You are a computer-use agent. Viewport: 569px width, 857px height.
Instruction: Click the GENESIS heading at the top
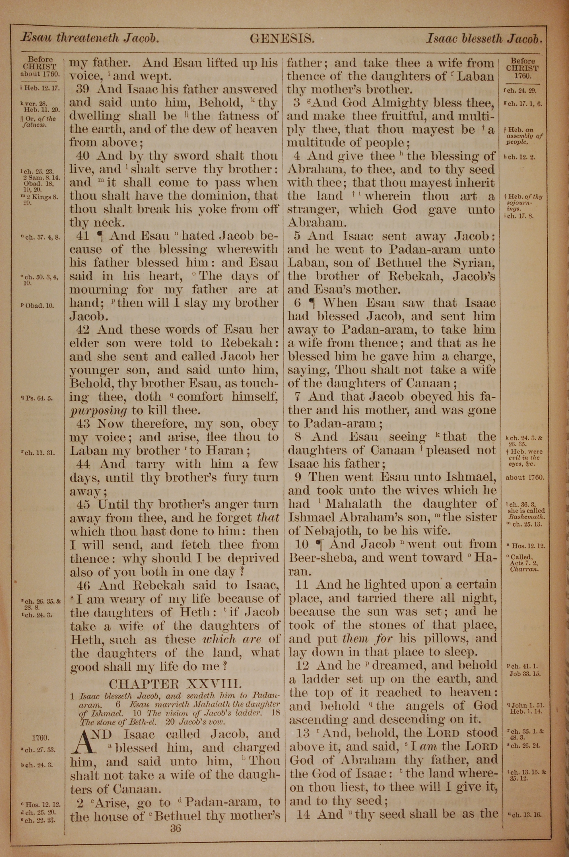pos(282,38)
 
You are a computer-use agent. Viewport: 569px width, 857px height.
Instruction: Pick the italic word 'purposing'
pos(98,411)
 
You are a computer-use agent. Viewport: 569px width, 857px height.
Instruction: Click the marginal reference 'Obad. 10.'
pos(39,305)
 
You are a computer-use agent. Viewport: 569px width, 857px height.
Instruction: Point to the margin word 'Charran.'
pos(524,569)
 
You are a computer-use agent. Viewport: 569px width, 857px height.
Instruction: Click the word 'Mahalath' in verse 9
pos(353,504)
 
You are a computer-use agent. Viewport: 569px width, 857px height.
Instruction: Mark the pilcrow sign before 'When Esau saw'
pos(313,303)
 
